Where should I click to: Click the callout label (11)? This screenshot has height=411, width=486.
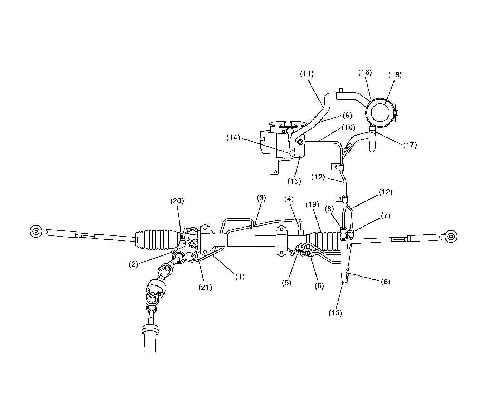[x=307, y=73]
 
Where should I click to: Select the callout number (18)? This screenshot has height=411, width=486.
[x=395, y=74]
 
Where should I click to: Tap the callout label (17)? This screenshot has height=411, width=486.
[x=410, y=145]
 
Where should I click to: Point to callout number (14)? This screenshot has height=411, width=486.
[x=233, y=138]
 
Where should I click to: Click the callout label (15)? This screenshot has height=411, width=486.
[x=294, y=181]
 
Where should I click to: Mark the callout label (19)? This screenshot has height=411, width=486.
[x=312, y=204]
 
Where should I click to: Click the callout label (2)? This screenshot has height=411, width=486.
[x=134, y=264]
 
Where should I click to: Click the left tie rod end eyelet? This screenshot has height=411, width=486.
[x=36, y=231]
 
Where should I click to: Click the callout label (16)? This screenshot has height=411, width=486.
[x=365, y=72]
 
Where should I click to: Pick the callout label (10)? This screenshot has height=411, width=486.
[x=348, y=127]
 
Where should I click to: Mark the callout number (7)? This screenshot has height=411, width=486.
[x=385, y=215]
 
